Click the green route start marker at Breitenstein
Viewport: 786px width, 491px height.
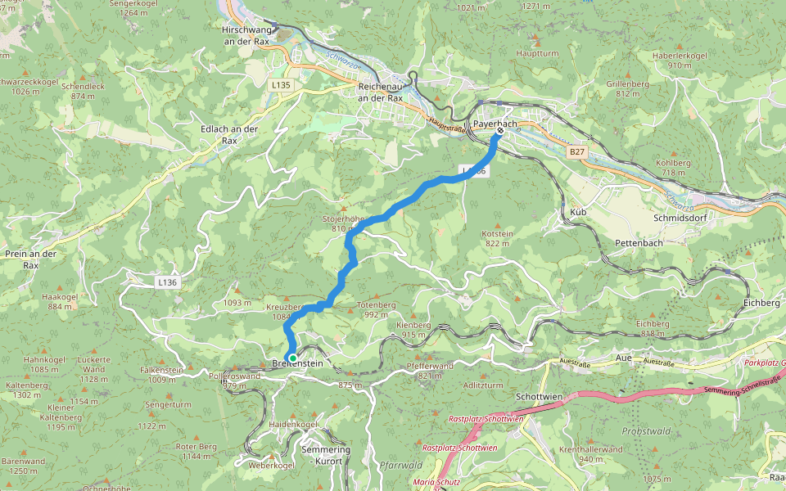coord(292,358)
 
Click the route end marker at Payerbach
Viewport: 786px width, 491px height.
coord(499,131)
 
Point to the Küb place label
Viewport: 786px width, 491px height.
coord(577,212)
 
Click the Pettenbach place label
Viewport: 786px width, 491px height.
coord(639,244)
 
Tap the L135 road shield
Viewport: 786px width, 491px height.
coord(281,84)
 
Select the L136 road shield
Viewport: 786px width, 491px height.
coord(166,282)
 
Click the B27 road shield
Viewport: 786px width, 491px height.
coord(578,152)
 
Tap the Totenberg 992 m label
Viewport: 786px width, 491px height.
coord(376,309)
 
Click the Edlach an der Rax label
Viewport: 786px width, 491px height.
coord(229,134)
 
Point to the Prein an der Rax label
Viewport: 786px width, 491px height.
coord(30,259)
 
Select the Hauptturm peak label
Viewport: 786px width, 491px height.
coord(537,54)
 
